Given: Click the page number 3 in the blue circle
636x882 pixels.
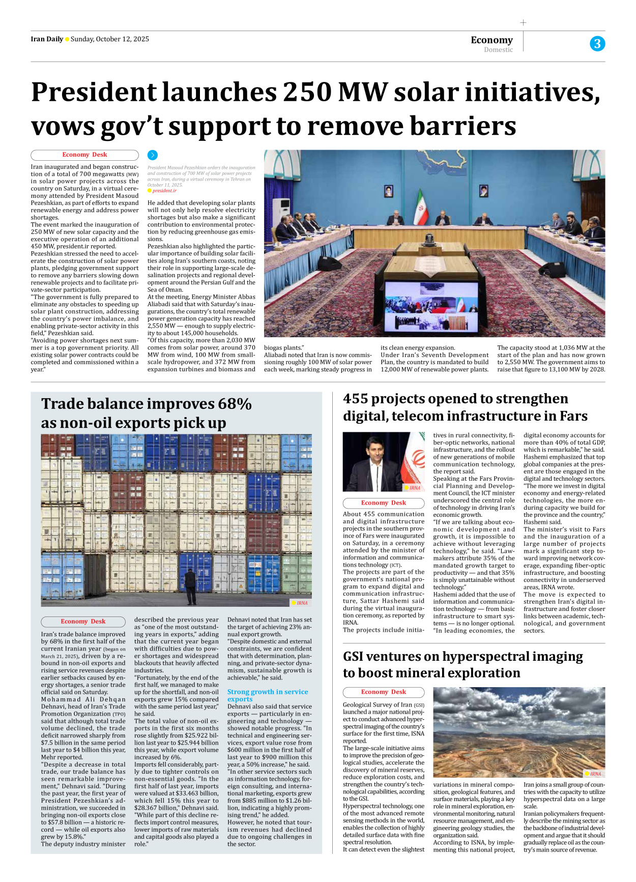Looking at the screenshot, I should click(x=597, y=44).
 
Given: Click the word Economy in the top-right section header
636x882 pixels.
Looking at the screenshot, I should click(x=492, y=40).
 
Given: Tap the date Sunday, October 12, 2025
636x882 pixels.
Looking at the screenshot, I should click(x=110, y=39).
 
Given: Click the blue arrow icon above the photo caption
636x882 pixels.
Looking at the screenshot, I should click(x=153, y=155).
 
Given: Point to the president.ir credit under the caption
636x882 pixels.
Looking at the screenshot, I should click(x=164, y=191).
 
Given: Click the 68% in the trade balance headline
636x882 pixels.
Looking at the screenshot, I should click(x=235, y=404).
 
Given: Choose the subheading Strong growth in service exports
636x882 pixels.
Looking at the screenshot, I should click(x=268, y=695).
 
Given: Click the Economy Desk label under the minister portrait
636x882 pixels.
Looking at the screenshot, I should click(x=384, y=503).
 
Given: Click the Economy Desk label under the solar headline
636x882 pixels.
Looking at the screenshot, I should click(x=84, y=155).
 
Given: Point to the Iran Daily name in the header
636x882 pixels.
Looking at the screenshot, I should click(x=47, y=39).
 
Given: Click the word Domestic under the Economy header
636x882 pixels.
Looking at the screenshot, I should click(x=498, y=50).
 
